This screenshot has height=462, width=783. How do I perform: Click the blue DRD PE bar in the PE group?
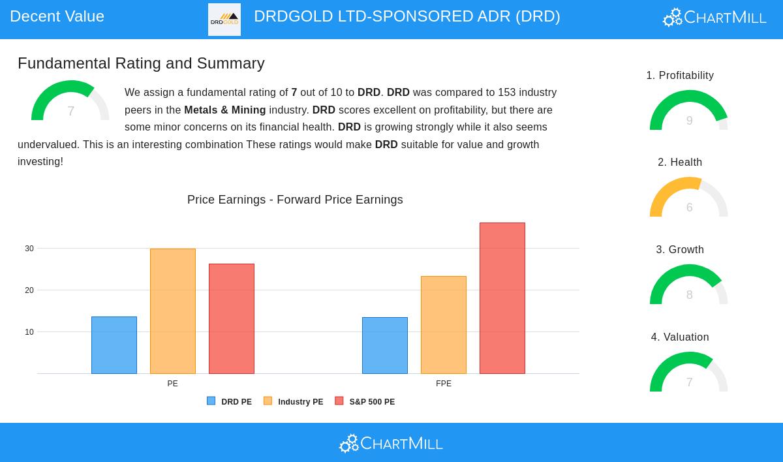pyautogui.click(x=114, y=345)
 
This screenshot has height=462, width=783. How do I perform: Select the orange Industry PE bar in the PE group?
pyautogui.click(x=173, y=311)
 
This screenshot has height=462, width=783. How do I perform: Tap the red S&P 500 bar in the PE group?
pyautogui.click(x=232, y=318)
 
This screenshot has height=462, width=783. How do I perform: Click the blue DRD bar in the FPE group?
pyautogui.click(x=385, y=345)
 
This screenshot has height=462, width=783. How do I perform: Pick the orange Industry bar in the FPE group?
pyautogui.click(x=444, y=325)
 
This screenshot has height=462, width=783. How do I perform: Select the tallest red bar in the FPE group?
pyautogui.click(x=502, y=298)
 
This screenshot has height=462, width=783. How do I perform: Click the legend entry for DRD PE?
pyautogui.click(x=229, y=402)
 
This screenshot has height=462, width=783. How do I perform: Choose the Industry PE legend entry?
pyautogui.click(x=293, y=402)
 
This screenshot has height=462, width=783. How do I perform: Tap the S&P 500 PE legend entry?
pyautogui.click(x=365, y=402)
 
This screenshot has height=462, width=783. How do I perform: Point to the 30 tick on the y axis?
pyautogui.click(x=29, y=249)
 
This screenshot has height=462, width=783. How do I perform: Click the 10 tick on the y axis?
pyautogui.click(x=29, y=332)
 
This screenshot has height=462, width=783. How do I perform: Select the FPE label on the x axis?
pyautogui.click(x=444, y=384)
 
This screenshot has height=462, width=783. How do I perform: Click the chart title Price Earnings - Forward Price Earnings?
pyautogui.click(x=295, y=200)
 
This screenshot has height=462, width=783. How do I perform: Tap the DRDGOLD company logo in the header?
pyautogui.click(x=224, y=20)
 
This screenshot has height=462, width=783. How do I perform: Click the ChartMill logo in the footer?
pyautogui.click(x=391, y=444)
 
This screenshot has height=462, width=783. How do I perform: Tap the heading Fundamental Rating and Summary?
pyautogui.click(x=141, y=63)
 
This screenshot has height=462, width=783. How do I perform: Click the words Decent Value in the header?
pyautogui.click(x=57, y=16)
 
